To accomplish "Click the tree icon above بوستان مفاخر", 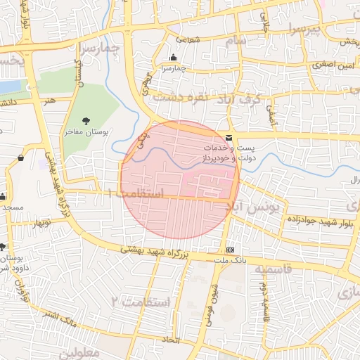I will pos(86,121).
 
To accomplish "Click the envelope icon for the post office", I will pos(230,139).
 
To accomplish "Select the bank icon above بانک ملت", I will pos(230,250).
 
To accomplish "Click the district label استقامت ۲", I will pos(140,302).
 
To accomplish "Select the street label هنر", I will pos(49,101).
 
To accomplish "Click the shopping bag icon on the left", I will pos(20,157).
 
